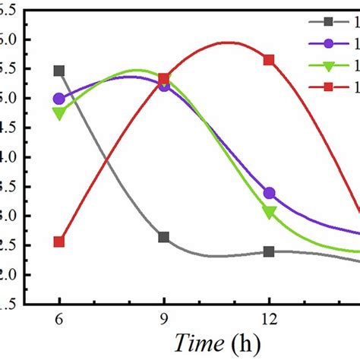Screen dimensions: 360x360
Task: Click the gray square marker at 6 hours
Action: (x=59, y=71)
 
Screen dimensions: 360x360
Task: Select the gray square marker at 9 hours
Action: (x=164, y=237)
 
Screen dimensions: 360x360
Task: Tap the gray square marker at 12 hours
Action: (x=269, y=251)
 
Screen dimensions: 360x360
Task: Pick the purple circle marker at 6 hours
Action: (x=59, y=99)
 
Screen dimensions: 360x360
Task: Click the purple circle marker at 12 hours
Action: (x=269, y=194)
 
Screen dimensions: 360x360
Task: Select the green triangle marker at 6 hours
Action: (x=59, y=113)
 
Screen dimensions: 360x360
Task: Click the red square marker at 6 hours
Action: (x=59, y=242)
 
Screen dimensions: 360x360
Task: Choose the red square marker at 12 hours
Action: (x=269, y=59)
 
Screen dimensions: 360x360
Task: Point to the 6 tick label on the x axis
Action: (x=59, y=321)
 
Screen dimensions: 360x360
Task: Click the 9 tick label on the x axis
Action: (x=164, y=321)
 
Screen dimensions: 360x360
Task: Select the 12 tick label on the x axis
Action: (x=269, y=321)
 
